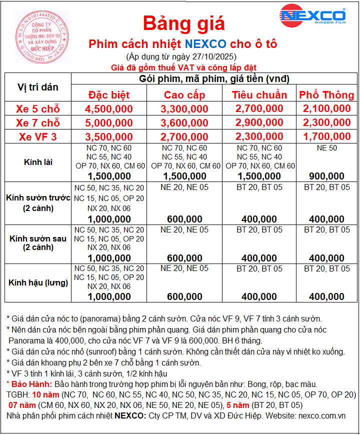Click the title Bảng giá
[x=184, y=22]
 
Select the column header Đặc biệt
[x=108, y=95]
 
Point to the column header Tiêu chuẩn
[x=259, y=95]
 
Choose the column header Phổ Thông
[x=326, y=95]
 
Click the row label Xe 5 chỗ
[x=38, y=108]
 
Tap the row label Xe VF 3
[x=38, y=136]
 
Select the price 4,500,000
[x=108, y=108]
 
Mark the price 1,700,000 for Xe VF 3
[x=326, y=136]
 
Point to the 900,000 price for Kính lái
[x=326, y=176]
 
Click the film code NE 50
[x=326, y=148]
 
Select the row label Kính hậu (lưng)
[x=38, y=282]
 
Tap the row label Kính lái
[x=38, y=162]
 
